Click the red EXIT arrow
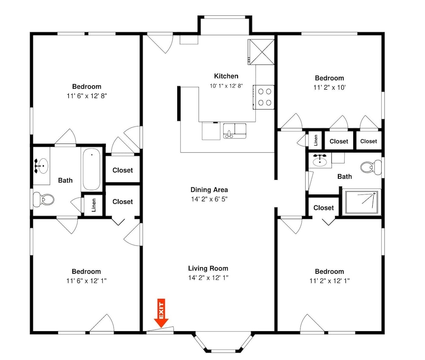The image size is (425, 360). coord(161,313)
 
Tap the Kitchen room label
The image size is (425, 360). coord(226,76)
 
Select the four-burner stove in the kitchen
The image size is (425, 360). coord(264,97)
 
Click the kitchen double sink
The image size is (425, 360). coord(235,131)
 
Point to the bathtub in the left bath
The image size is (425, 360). coord(91,169)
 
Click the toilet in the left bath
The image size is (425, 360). coord(43,200)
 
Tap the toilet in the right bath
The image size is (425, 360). coord(371,167)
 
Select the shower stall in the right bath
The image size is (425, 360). coord(362,202)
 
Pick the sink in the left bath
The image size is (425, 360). coord(42,166)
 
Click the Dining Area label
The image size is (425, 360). coord(209,190)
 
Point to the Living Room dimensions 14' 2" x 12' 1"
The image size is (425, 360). coord(208,278)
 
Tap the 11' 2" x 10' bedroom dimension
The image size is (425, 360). coord(329,87)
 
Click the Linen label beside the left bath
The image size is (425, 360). coord(94,205)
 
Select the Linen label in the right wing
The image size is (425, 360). coord(315,140)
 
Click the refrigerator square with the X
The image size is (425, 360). coord(261,52)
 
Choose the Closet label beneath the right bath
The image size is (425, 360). coord(323,208)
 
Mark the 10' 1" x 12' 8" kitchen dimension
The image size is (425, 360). coord(226,86)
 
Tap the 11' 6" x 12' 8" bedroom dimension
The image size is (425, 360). coord(87,96)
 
